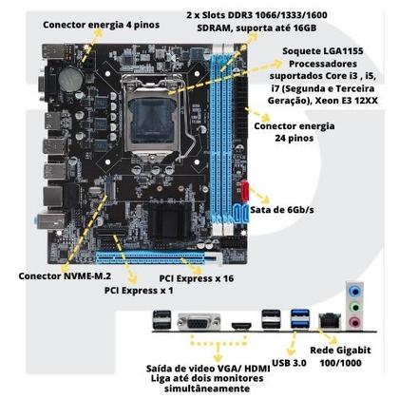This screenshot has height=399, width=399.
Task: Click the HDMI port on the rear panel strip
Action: [x=237, y=328]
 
